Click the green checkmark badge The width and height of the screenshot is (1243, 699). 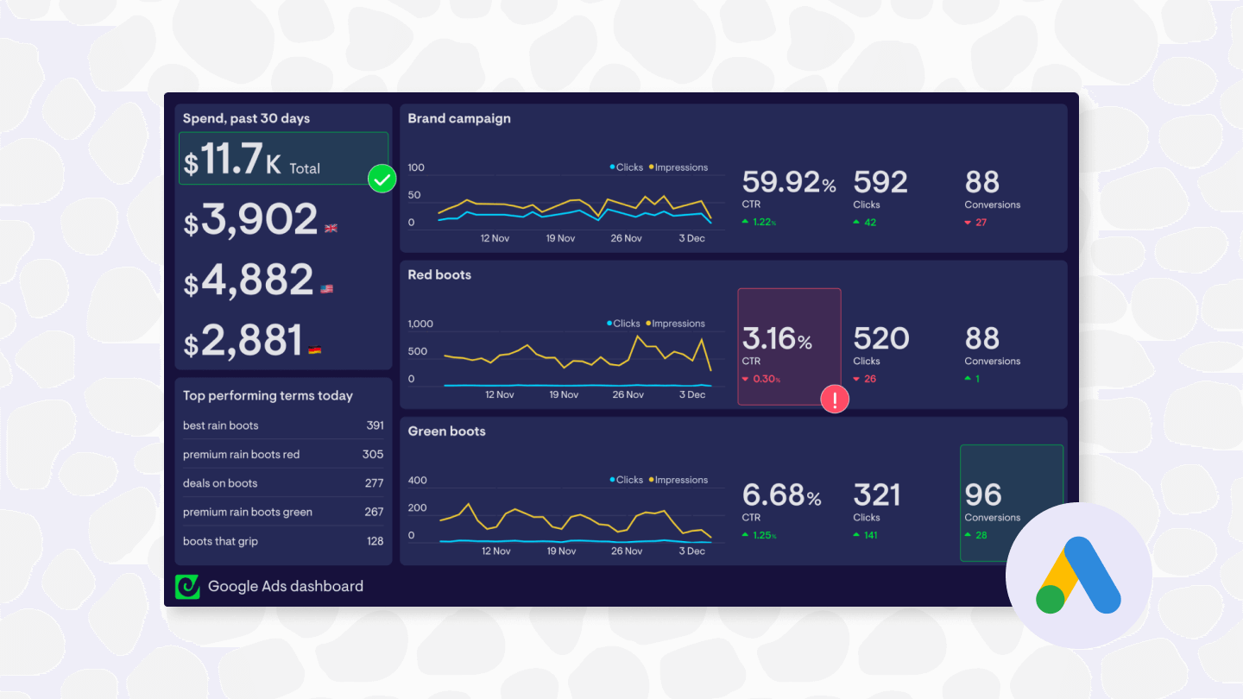[x=382, y=179]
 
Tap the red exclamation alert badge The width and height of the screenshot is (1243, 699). [x=835, y=399]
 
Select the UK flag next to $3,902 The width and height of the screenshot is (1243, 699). [x=331, y=228]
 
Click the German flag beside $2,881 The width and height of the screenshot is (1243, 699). [x=314, y=349]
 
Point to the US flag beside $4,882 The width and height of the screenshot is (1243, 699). [x=326, y=289]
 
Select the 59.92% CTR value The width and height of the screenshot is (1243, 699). [x=788, y=182]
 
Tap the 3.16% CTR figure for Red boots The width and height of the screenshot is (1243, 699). [x=777, y=338]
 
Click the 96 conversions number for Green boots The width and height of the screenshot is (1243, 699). [x=983, y=494]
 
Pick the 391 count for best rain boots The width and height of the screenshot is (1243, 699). [x=375, y=425]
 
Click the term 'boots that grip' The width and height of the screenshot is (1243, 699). [x=220, y=541]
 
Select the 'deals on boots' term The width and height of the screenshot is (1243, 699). [x=220, y=483]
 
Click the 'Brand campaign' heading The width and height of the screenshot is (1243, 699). [x=459, y=118]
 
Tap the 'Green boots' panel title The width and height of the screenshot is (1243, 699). [x=446, y=431]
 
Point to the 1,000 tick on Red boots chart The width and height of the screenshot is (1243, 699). [x=420, y=324]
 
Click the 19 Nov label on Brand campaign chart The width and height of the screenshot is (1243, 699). [x=560, y=238]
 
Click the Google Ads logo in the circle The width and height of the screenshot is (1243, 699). [x=1078, y=576]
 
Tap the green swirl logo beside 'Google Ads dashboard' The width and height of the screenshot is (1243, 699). [x=187, y=587]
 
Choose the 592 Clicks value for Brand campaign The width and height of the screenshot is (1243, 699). [x=880, y=182]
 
